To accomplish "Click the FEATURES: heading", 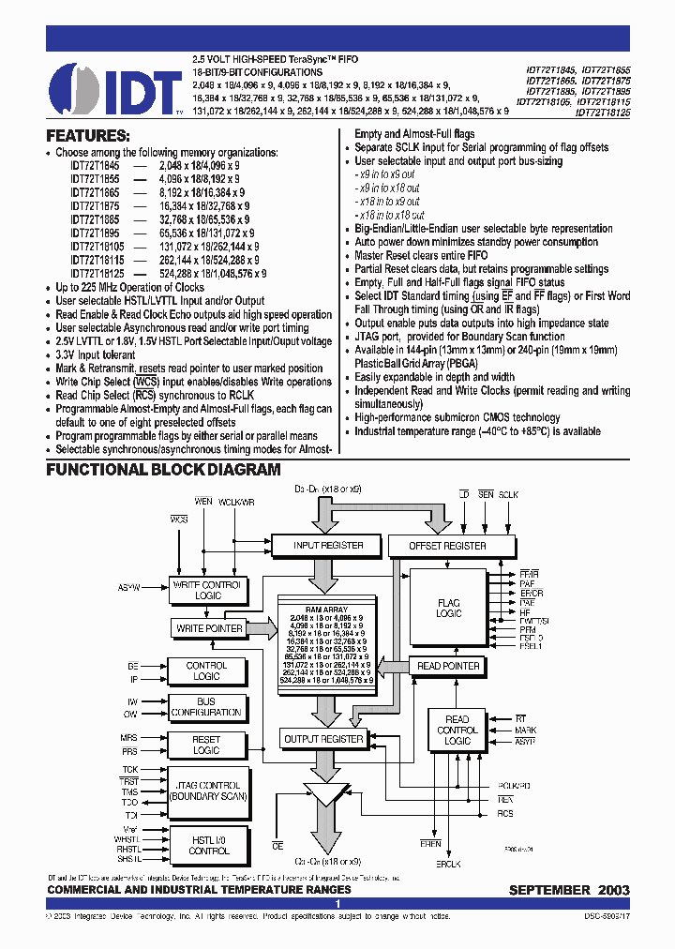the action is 88,135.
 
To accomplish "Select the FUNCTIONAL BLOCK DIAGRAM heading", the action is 163,469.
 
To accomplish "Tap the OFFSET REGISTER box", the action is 448,545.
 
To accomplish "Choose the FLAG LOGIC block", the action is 449,607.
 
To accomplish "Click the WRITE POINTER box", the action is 208,628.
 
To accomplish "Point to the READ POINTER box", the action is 448,666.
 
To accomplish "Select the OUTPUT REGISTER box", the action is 322,739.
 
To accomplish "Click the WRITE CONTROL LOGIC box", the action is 207,590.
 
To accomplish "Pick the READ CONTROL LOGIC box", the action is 457,730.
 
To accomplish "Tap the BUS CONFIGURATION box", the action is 206,706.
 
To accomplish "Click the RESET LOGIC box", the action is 206,745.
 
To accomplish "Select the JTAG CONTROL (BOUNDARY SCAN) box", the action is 206,791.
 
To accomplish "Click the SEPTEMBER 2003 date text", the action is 569,889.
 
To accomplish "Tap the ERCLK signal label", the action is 448,863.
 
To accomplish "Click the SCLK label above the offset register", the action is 508,493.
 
